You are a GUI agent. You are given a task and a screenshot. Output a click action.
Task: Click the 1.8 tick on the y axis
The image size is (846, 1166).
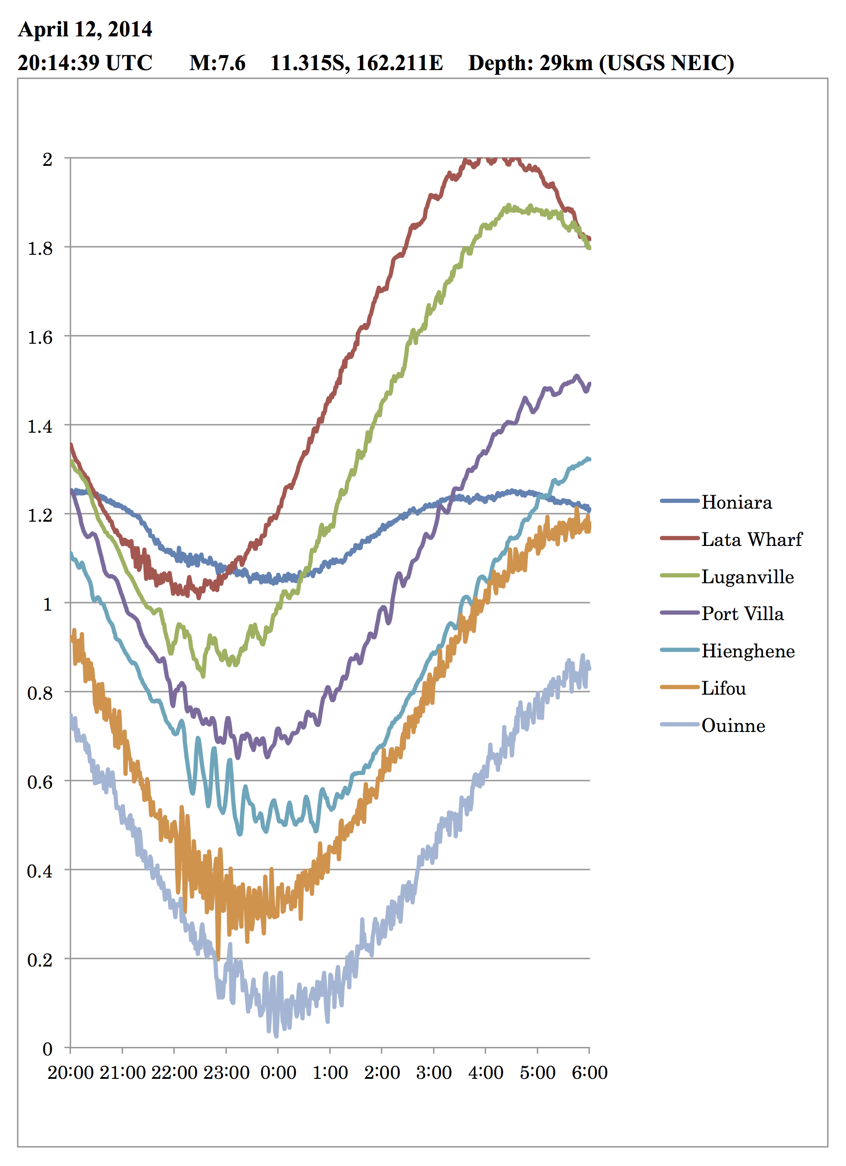(40, 249)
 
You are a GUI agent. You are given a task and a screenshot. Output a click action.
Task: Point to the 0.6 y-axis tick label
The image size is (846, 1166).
(40, 782)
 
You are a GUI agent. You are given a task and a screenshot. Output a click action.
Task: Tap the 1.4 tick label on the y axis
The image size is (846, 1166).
(40, 427)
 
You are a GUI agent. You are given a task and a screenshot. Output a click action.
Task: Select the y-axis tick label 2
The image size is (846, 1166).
(47, 160)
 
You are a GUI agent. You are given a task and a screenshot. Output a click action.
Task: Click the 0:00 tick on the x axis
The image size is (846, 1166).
(278, 1073)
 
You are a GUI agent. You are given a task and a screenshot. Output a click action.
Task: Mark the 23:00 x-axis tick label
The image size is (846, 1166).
(226, 1073)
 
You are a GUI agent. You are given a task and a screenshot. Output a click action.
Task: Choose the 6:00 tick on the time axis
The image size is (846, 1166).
(589, 1073)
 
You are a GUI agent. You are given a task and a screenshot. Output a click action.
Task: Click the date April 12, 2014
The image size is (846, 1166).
(85, 29)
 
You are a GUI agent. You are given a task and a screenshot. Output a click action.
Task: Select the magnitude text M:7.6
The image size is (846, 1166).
(217, 63)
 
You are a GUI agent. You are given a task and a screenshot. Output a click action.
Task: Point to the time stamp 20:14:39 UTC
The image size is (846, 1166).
(85, 63)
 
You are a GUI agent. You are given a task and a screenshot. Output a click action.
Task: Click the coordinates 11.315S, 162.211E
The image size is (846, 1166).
(357, 63)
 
